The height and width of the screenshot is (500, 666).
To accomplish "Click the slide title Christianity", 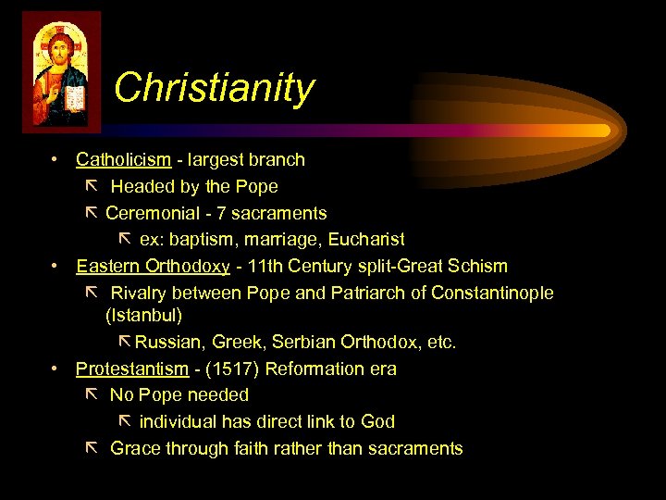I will tap(214, 88).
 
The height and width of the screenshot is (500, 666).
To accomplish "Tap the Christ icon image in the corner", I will tap(61, 71).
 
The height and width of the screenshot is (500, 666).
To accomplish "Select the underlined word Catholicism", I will tap(123, 159).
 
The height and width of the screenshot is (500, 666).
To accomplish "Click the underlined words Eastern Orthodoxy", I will tap(153, 266).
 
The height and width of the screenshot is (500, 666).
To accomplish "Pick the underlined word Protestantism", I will tap(131, 369).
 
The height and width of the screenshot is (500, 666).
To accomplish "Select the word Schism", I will tap(476, 266).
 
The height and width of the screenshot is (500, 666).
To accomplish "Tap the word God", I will tap(377, 421).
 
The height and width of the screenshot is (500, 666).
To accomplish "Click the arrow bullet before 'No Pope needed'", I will tap(90, 394).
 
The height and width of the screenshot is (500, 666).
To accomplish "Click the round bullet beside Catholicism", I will tap(56, 159).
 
